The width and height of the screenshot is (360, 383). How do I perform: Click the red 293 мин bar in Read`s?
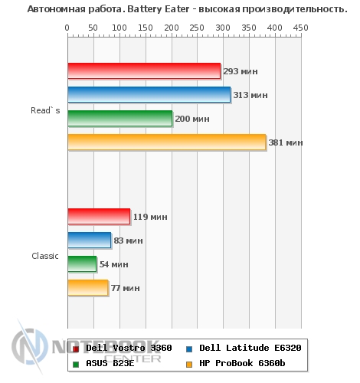(x=144, y=70)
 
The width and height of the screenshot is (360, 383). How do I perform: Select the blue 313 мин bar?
(x=149, y=94)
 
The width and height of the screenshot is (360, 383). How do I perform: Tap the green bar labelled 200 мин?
(x=120, y=118)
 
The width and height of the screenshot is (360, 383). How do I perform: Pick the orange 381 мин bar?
(x=167, y=142)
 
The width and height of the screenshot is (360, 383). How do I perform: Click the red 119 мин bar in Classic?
(x=99, y=217)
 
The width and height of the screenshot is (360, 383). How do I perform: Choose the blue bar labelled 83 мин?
(x=90, y=240)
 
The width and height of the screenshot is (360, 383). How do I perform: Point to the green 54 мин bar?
(x=82, y=264)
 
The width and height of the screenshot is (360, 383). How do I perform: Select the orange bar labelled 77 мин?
(x=88, y=287)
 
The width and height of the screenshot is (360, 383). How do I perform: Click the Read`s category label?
(x=45, y=110)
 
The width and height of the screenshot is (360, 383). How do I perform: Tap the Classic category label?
(x=45, y=256)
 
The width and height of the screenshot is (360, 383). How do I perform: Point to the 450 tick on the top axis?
(x=301, y=28)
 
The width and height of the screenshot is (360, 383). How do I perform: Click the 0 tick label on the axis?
(x=67, y=28)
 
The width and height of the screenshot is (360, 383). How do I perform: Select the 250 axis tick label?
(x=197, y=28)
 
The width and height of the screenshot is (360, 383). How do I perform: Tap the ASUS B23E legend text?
(x=110, y=363)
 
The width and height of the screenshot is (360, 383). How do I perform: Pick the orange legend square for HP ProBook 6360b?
(x=189, y=365)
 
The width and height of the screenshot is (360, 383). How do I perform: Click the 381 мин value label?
(x=286, y=142)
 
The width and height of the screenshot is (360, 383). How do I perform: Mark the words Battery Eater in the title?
(x=159, y=9)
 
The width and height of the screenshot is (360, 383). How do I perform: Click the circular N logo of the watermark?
(x=30, y=346)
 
